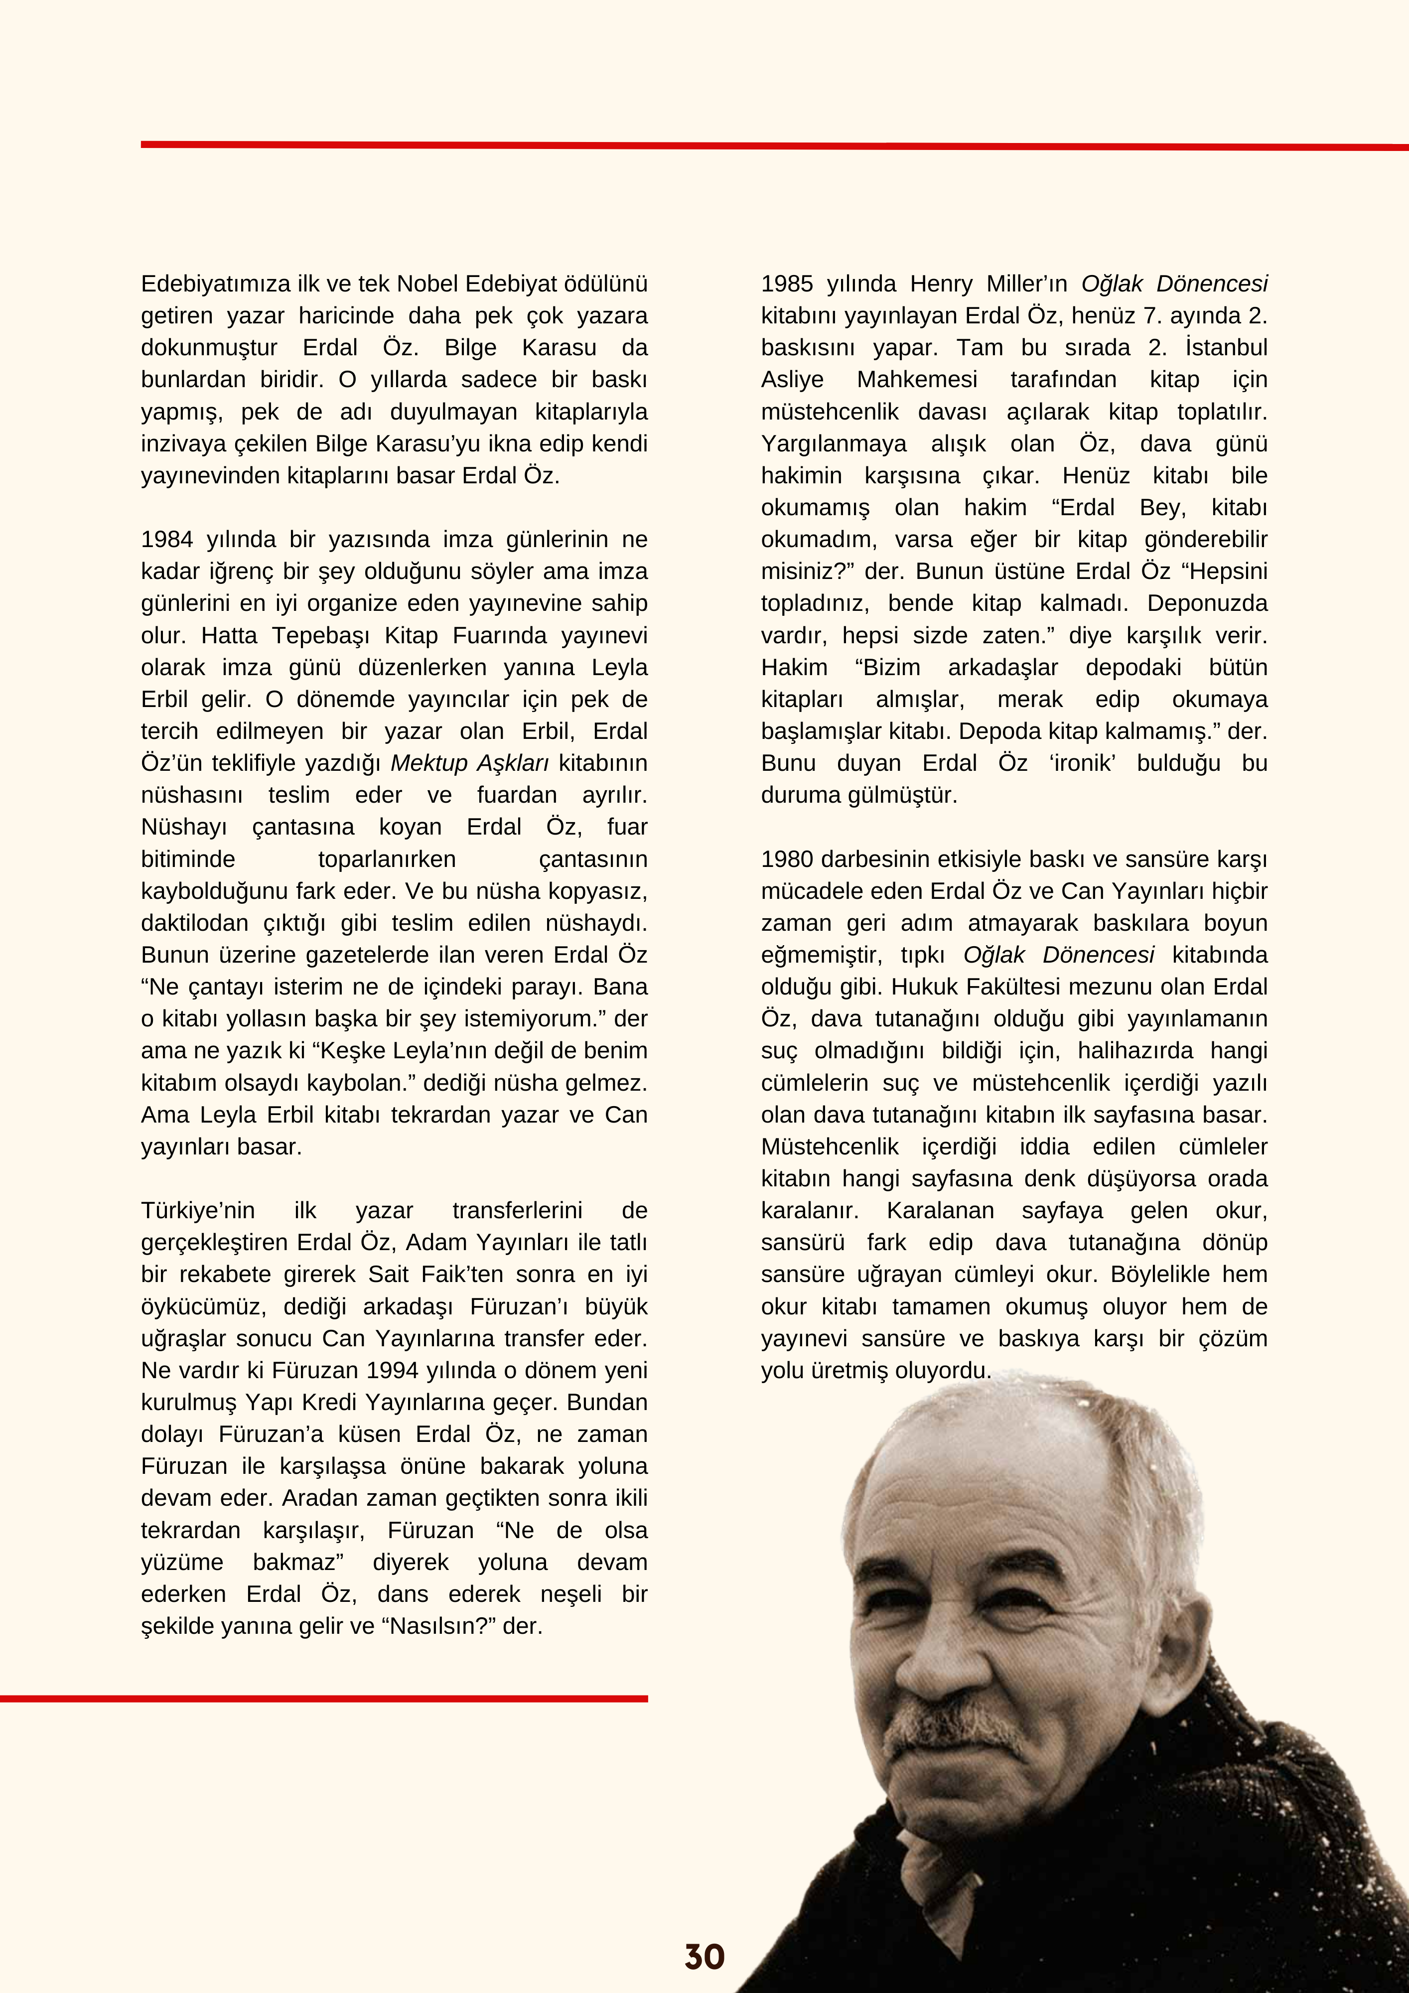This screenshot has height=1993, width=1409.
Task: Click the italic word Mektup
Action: [429, 763]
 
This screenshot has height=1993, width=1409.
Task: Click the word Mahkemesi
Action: [917, 379]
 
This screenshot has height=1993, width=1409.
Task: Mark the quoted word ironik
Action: [1082, 763]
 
